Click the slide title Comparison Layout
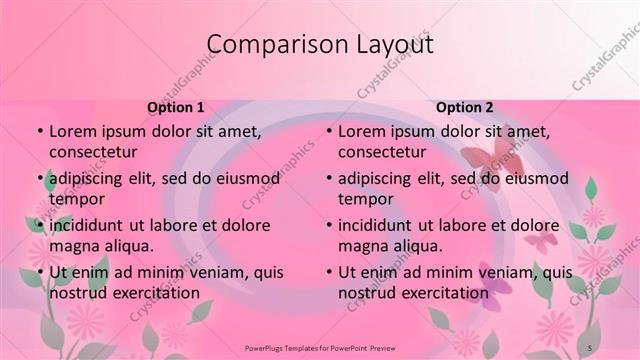click(319, 45)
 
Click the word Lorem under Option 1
click(73, 131)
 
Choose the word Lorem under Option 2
click(362, 131)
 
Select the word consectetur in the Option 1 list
click(93, 152)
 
